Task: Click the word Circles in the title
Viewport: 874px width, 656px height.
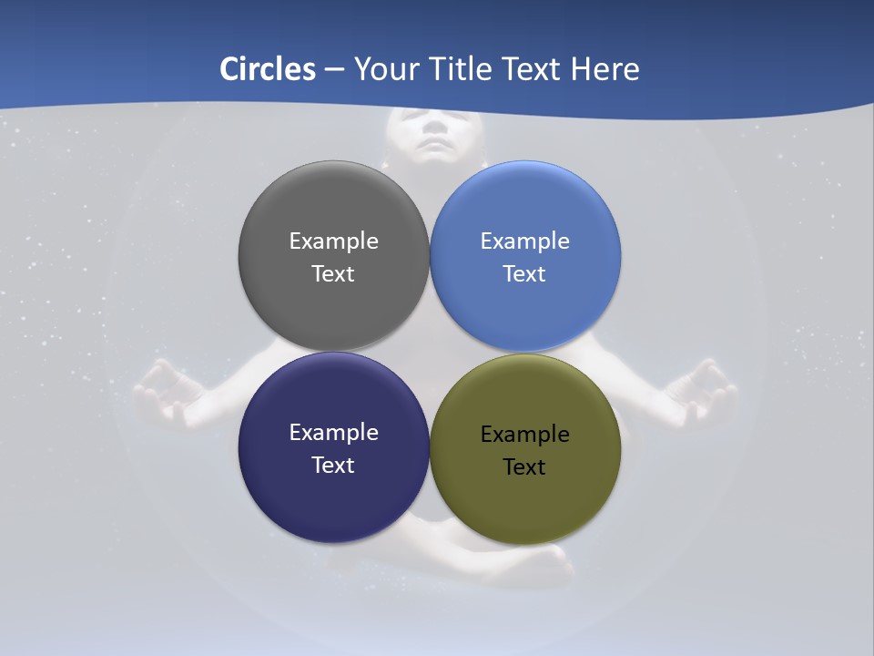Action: (268, 69)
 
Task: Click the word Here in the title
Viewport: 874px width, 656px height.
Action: (605, 69)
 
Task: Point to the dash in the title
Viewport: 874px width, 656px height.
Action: (334, 70)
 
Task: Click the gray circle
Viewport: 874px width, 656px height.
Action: (333, 205)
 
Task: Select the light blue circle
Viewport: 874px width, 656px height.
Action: (525, 205)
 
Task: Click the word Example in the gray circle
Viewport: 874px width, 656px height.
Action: (333, 241)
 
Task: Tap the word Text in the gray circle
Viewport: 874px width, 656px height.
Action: (333, 273)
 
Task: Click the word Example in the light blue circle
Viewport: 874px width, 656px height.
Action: (524, 241)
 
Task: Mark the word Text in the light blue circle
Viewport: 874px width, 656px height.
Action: (524, 273)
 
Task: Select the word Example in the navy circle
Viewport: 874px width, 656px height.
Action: (333, 432)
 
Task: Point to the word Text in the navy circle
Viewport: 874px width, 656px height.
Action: (333, 465)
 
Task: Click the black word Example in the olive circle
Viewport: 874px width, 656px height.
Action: (524, 434)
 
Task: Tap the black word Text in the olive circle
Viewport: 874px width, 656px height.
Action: (524, 466)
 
